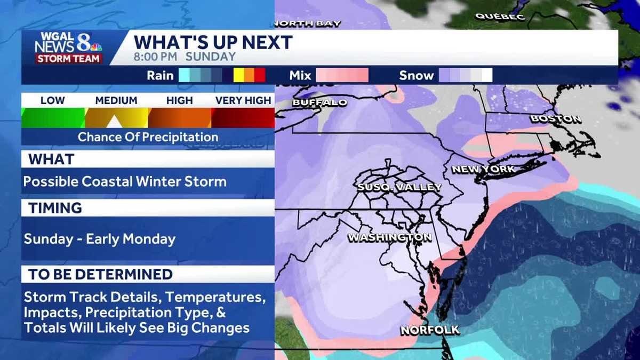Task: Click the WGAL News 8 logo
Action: pos(68,48)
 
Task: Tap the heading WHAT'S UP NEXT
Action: pos(213,43)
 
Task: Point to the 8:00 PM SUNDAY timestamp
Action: pos(185,57)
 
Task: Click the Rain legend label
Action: pos(160,76)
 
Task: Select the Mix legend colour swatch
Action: pos(342,76)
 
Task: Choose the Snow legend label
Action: pos(416,76)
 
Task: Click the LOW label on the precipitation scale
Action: pos(52,100)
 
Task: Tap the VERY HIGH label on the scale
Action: pos(243,100)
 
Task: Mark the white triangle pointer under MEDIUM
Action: pos(114,122)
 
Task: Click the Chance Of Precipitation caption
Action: pos(148,137)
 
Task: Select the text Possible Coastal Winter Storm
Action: pos(125,181)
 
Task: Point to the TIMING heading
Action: pos(55,208)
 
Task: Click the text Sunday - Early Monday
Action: pos(99,238)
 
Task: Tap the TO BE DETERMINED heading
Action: pos(100,275)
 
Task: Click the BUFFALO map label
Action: pos(320,102)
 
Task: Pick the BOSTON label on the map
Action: pos(555,119)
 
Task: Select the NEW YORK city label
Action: pos(483,170)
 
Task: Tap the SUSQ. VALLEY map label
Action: pos(399,187)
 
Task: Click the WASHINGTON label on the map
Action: pos(389,237)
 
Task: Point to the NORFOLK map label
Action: pos(430,330)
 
